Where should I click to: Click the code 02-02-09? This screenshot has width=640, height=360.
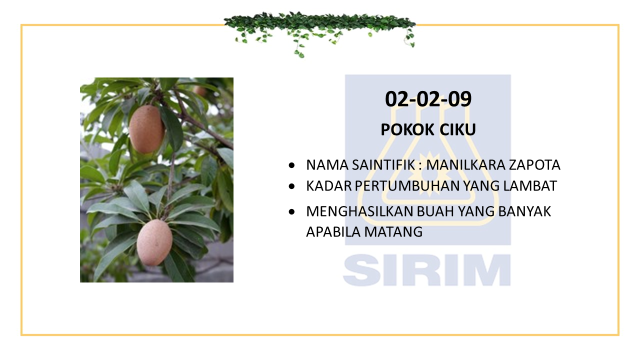coord(428,99)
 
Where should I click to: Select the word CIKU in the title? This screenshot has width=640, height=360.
coord(457,129)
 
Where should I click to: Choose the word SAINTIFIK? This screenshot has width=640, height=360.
coord(383,165)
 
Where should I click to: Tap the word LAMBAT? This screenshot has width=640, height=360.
coord(530,186)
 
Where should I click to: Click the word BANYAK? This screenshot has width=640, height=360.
coord(524,211)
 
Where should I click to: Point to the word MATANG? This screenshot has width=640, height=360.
coord(393,231)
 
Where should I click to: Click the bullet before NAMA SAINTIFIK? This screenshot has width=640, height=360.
coord(291,165)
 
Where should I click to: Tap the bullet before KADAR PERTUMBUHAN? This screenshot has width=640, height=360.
coord(291,186)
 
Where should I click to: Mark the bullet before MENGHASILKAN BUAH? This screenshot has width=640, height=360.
coord(291,211)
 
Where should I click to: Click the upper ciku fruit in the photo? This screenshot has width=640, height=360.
coord(146,129)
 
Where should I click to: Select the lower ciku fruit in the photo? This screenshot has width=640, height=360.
coord(154,242)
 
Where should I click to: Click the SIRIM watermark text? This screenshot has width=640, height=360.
coord(427,269)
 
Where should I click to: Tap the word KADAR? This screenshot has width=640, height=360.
coord(329,186)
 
